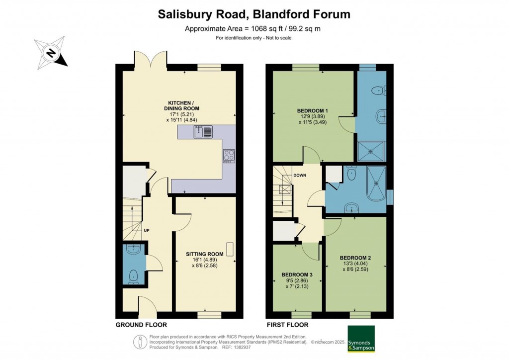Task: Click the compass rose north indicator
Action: point(51,52)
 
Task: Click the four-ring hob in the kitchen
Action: point(229,155)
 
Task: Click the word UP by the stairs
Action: point(147,230)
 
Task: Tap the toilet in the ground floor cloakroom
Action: point(133,276)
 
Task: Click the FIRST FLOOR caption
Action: point(287,325)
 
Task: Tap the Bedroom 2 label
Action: point(355,258)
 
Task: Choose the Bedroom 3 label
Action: point(297,274)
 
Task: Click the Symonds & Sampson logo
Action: point(361,339)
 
